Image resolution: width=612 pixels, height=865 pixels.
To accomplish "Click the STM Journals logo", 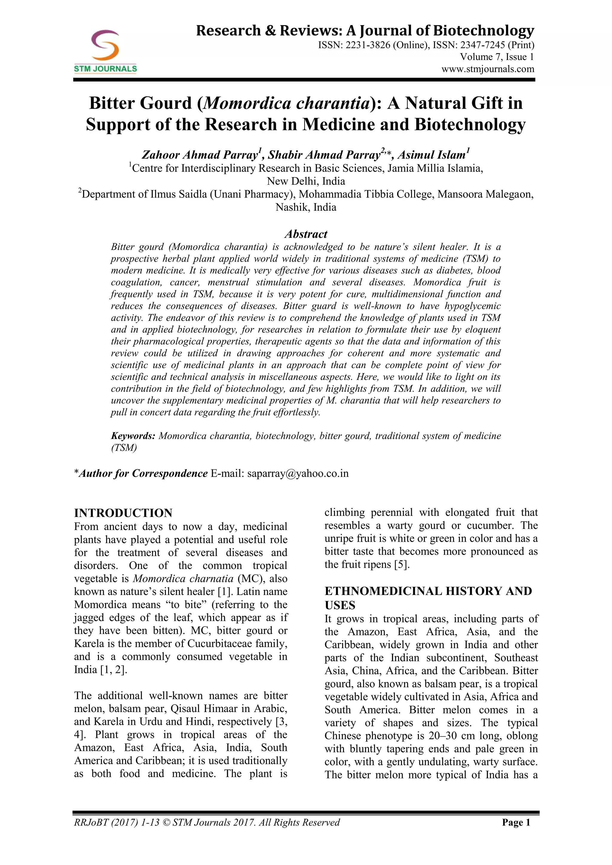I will tap(105, 51).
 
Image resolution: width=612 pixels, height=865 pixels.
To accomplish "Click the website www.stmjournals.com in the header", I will tap(488, 69).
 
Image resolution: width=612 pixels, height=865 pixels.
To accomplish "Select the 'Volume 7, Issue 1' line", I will tap(497, 57).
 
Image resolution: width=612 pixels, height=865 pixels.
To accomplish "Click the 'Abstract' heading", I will tap(306, 234).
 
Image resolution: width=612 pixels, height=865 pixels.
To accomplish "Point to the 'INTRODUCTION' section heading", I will tap(123, 513).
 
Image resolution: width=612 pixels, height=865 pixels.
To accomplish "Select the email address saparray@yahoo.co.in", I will tap(298, 473).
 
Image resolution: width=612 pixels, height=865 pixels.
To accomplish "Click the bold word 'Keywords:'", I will tap(133, 436).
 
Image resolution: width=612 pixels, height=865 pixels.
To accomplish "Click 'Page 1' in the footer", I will tap(516, 823).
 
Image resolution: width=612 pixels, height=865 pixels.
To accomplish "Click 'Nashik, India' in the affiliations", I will tap(306, 207).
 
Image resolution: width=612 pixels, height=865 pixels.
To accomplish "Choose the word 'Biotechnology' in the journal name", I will tap(484, 30).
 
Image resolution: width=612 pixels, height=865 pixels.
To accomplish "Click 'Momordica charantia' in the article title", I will tap(286, 103).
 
